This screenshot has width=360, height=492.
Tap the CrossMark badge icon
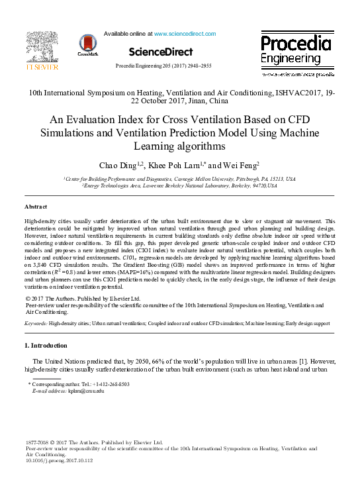87,44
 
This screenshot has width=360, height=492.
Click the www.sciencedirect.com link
185,32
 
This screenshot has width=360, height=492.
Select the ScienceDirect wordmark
161,51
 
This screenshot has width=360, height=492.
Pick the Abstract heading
36,207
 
